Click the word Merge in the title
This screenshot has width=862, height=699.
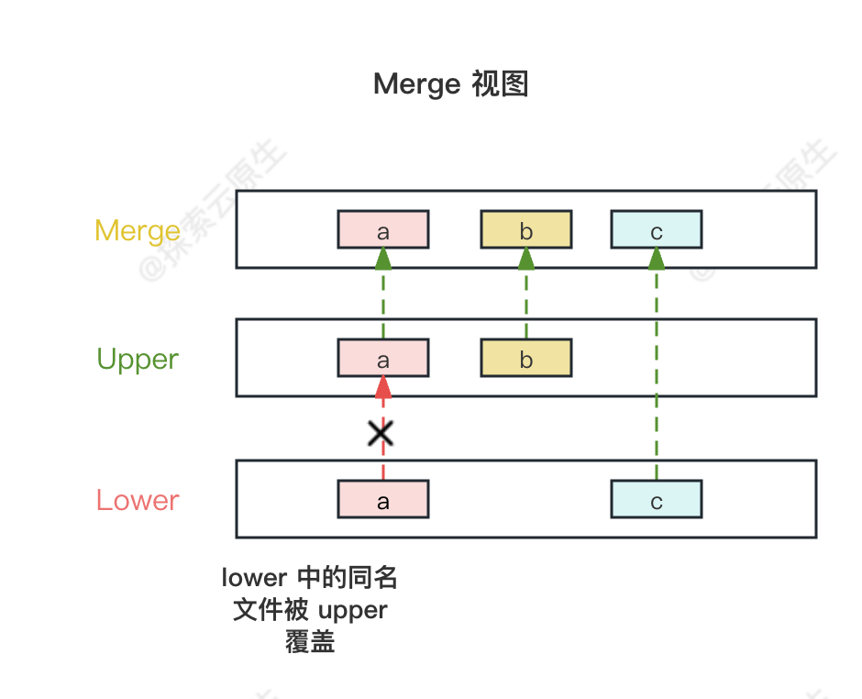coord(416,84)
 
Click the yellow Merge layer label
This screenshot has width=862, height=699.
coord(138,230)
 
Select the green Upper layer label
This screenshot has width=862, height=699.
coord(138,360)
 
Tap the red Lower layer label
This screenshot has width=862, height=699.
coord(138,500)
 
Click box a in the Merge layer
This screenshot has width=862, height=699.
coord(383,230)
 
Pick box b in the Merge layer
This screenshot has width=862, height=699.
coord(526,230)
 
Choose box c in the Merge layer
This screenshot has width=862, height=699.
coord(657,230)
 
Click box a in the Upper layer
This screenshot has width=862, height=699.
coord(383,359)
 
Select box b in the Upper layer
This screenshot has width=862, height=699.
coord(526,359)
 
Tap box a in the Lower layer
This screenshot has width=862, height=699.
coord(383,500)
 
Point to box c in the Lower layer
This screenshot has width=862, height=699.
coord(657,500)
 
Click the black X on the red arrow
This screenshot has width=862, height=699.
coord(381,433)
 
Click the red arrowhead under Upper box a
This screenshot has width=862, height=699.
coord(383,387)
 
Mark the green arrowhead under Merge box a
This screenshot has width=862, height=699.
coord(383,259)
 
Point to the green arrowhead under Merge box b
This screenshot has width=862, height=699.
coord(526,259)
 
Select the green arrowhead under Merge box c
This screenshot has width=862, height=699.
coord(657,259)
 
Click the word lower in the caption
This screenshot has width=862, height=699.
coord(255,578)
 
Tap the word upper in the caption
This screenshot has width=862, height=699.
coord(352,610)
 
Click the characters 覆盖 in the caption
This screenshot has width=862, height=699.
coord(310,641)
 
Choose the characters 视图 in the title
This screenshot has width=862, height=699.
coord(500,84)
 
